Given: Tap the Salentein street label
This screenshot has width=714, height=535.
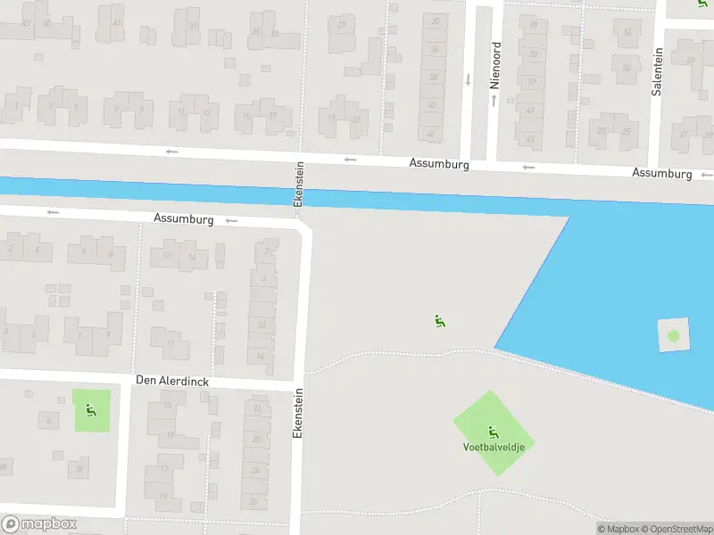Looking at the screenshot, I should [657, 72].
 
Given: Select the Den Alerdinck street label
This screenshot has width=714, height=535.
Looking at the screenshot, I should [172, 381].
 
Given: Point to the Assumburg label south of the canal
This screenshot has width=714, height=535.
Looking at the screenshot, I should [183, 218].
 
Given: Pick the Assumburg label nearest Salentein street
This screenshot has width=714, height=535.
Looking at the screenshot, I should [661, 173].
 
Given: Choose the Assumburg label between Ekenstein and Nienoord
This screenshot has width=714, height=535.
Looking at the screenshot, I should [439, 164].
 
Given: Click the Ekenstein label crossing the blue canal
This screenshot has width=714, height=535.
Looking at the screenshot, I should [300, 185].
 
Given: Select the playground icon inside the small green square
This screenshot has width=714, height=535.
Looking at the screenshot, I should [91, 410].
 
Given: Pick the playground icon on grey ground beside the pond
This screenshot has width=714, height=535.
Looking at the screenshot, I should [439, 322].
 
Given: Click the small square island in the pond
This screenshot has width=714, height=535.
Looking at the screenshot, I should [673, 336].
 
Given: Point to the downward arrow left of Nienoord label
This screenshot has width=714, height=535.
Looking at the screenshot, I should [468, 78].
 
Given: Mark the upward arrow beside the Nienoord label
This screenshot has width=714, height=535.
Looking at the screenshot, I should [492, 100].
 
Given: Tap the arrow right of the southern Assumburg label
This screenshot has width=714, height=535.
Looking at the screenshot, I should [232, 220].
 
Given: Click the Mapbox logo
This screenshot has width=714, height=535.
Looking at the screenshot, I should [39, 524].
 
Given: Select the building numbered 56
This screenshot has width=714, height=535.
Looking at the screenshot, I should [627, 33].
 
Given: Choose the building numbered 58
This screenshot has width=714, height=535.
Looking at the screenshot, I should [627, 68].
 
